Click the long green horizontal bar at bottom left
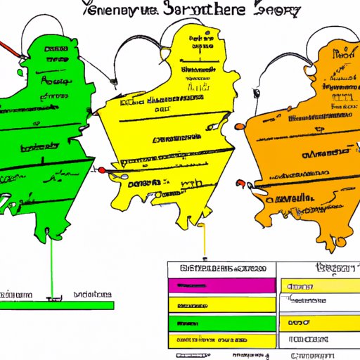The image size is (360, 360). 56,304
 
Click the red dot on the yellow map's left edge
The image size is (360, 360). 102,169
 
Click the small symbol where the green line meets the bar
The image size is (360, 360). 51,299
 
